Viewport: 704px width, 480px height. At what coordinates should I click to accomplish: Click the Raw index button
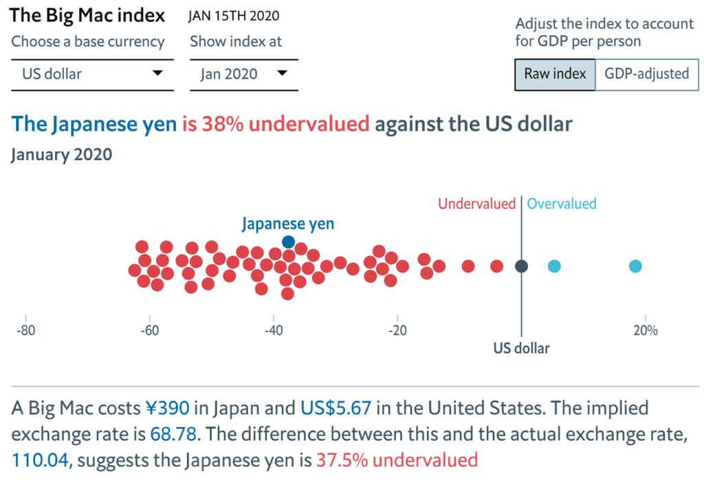pyautogui.click(x=555, y=74)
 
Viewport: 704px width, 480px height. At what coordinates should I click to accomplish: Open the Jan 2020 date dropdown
pyautogui.click(x=244, y=74)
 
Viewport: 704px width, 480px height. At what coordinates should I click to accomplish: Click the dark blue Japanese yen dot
pyautogui.click(x=289, y=241)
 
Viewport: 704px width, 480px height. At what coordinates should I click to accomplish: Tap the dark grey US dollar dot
pyautogui.click(x=522, y=266)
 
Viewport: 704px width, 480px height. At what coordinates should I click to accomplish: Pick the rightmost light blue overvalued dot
pyautogui.click(x=636, y=266)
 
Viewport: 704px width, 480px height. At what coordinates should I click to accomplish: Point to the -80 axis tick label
pyautogui.click(x=26, y=330)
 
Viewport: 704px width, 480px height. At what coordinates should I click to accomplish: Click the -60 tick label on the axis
pyautogui.click(x=149, y=330)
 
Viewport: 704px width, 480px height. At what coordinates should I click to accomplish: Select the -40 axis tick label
pyautogui.click(x=273, y=330)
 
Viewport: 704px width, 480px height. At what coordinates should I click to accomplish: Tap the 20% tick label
pyautogui.click(x=645, y=330)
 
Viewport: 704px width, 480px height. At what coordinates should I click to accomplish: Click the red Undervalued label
pyautogui.click(x=476, y=204)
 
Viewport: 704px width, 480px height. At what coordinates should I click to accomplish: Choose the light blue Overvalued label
pyautogui.click(x=562, y=204)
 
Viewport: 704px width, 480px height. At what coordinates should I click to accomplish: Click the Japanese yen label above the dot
pyautogui.click(x=288, y=223)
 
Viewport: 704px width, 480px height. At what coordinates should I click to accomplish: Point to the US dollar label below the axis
pyautogui.click(x=522, y=348)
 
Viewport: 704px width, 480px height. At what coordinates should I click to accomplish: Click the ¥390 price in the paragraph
pyautogui.click(x=167, y=408)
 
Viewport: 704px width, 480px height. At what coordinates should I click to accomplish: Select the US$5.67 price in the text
pyautogui.click(x=336, y=408)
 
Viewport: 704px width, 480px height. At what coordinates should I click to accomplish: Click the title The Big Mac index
pyautogui.click(x=88, y=15)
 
